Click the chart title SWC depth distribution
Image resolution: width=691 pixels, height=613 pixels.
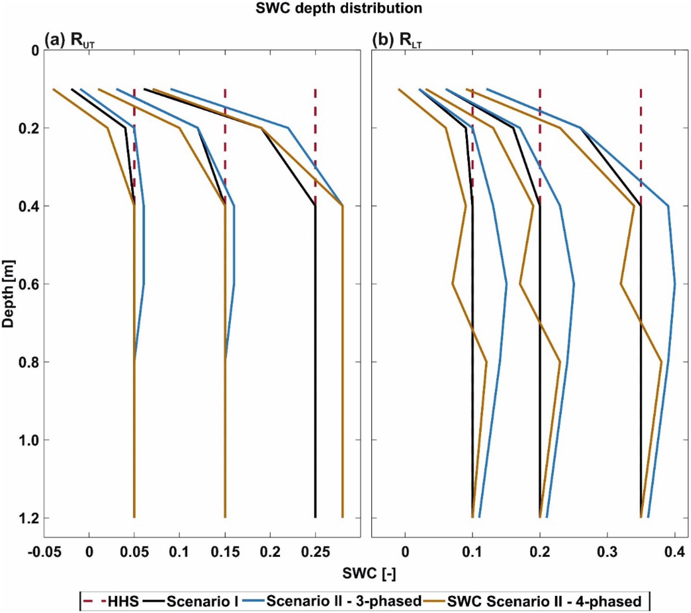tap(339, 8)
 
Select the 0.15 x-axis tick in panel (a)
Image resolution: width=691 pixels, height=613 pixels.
tap(225, 552)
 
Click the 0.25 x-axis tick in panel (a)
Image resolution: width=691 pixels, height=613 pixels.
tap(315, 552)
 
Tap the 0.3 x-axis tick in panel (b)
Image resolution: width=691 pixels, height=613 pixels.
tap(608, 552)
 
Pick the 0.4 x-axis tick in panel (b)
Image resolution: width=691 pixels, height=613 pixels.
tap(675, 552)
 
